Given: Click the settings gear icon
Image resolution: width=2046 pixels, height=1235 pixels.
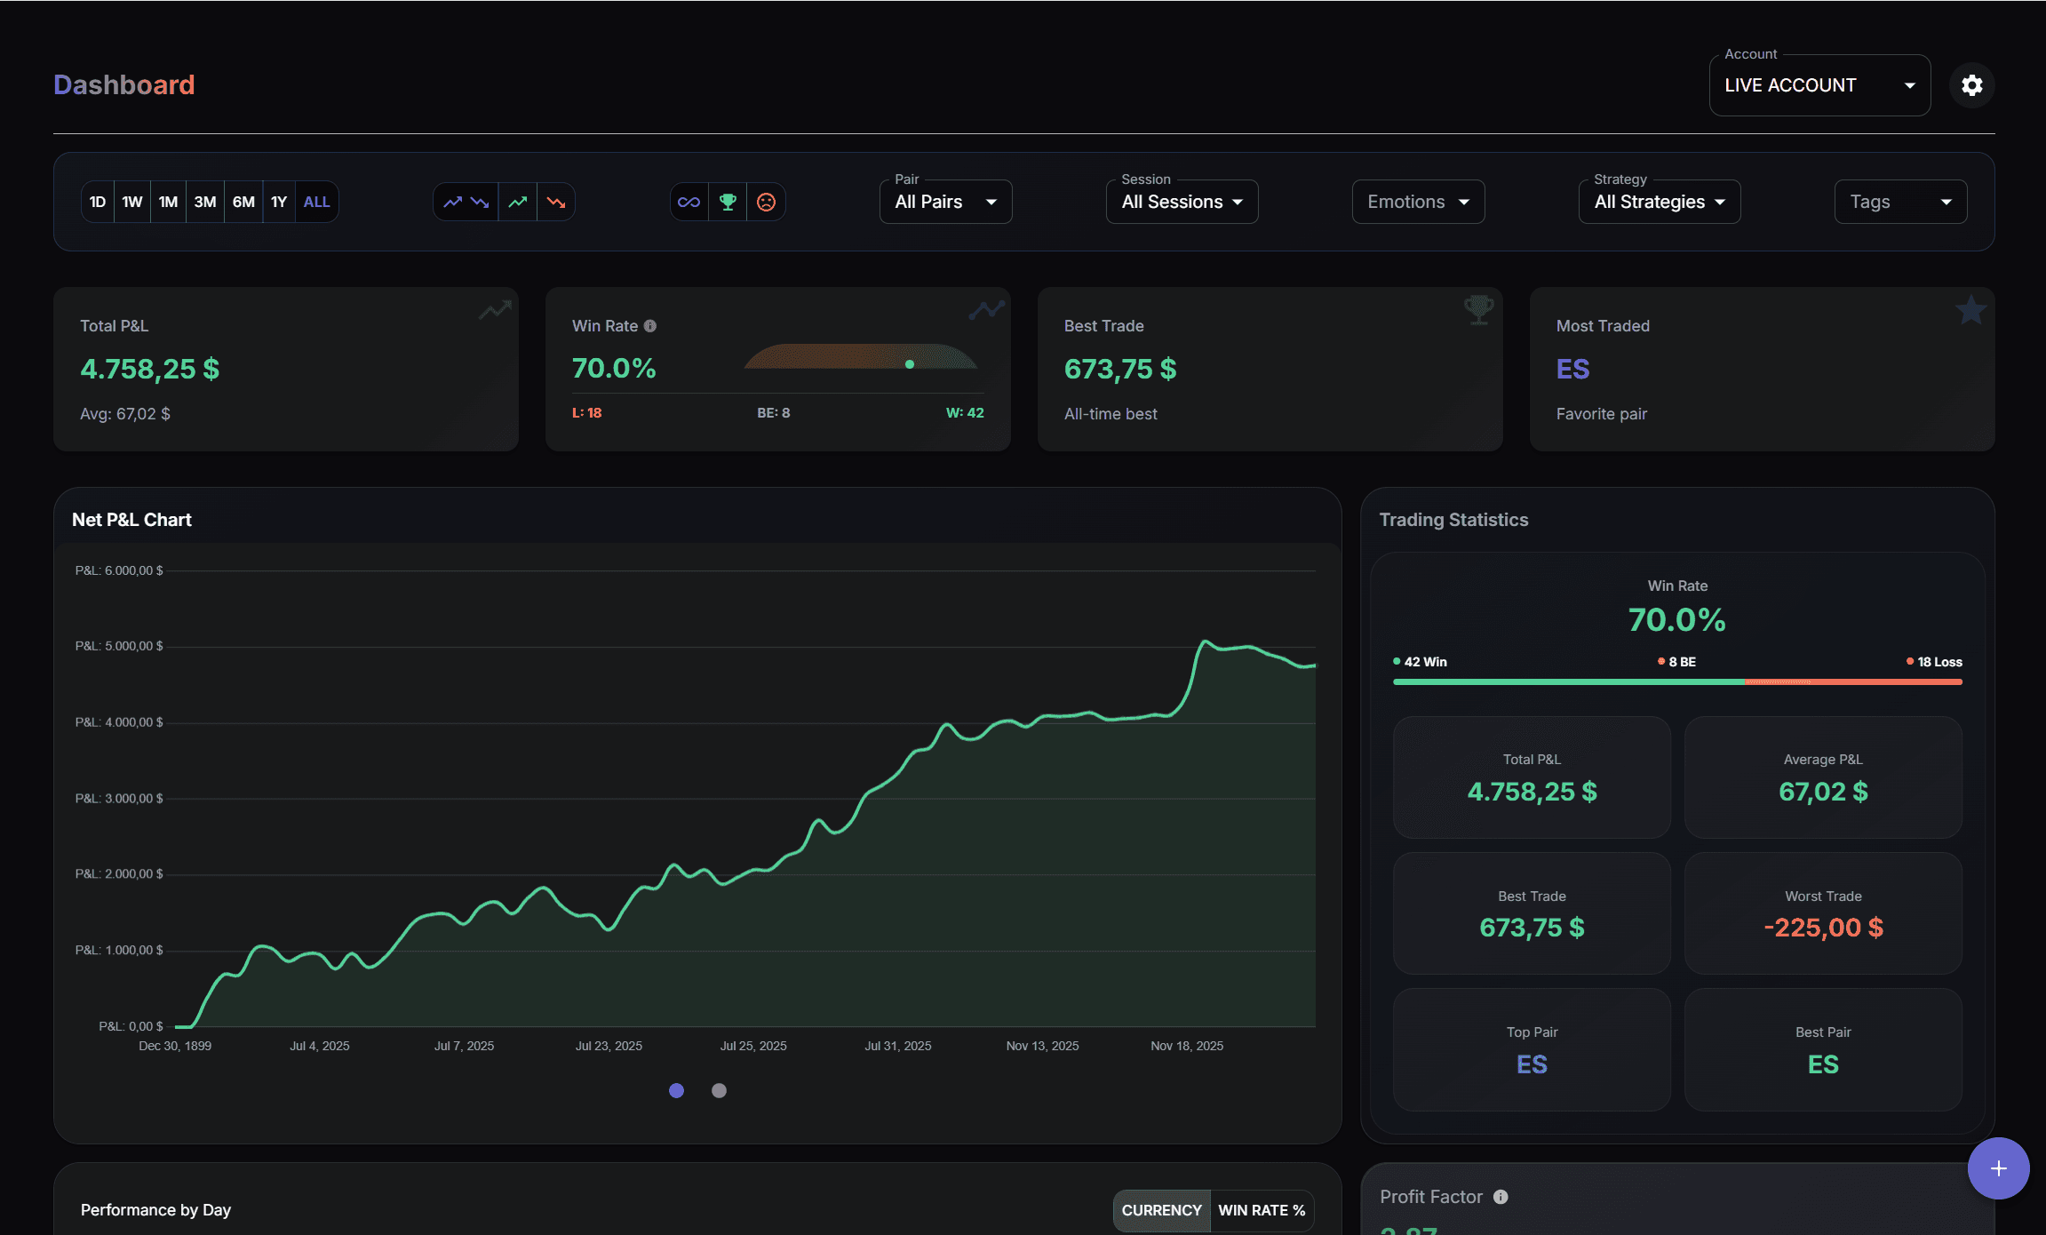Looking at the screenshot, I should [1971, 85].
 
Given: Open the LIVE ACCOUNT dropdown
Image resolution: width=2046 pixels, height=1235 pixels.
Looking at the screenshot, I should [1819, 85].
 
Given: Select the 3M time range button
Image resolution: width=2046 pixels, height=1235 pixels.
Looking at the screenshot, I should [205, 202].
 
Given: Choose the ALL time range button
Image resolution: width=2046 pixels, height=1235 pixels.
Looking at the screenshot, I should [316, 202].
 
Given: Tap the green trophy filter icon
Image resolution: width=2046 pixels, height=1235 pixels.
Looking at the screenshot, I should [728, 202].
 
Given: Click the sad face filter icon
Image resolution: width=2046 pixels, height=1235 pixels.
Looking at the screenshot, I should [766, 202].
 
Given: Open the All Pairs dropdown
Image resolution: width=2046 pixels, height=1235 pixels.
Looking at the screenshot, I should [945, 202].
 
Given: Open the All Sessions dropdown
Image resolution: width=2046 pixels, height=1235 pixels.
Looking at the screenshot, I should [1182, 202].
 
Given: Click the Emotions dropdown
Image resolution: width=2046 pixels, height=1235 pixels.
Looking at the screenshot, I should [1418, 202].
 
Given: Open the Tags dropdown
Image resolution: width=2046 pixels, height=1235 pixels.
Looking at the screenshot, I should [1900, 202].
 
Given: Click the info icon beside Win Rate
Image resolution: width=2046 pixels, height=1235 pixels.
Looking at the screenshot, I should [650, 326].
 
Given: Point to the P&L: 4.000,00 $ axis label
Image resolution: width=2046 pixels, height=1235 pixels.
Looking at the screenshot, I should [119, 722].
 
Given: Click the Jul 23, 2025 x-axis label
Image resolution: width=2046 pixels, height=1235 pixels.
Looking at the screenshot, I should [609, 1046].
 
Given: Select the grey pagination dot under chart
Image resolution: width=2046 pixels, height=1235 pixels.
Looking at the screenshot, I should [719, 1090].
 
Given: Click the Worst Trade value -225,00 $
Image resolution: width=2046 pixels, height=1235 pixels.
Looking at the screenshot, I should [1823, 928].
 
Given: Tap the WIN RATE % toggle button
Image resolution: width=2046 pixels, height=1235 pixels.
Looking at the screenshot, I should [1262, 1210].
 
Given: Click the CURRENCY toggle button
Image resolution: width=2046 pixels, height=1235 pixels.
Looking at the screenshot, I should [1161, 1210].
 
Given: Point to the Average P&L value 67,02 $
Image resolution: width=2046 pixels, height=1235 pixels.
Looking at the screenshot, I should [1823, 792].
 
